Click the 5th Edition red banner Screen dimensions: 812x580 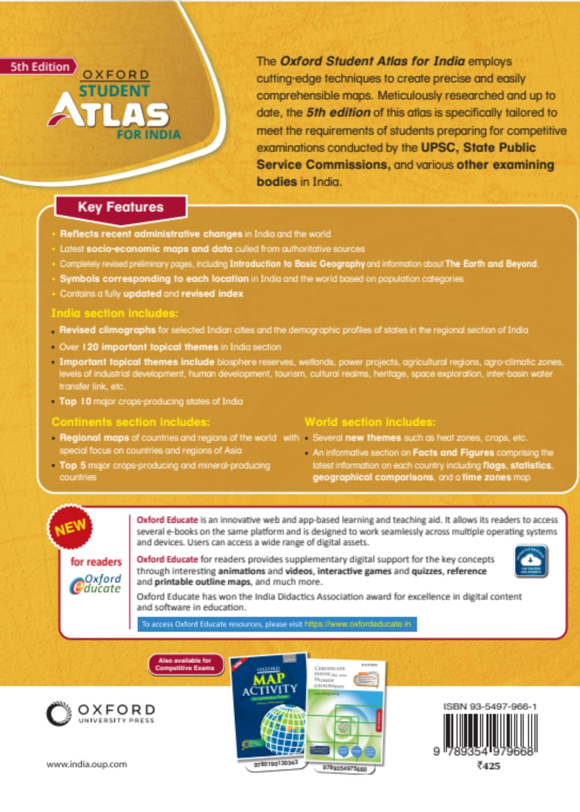coord(39,67)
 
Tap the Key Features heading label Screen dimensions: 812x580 coord(121,207)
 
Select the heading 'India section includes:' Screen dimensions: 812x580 coord(114,313)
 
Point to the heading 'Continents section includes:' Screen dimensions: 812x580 coord(130,422)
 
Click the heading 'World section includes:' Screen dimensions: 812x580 coord(369,422)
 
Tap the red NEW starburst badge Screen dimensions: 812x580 coord(70,527)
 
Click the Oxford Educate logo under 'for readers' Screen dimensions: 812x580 coord(96,583)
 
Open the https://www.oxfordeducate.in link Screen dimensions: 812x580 coord(358,624)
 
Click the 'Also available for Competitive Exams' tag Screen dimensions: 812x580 coord(184,664)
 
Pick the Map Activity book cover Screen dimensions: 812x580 coord(269,708)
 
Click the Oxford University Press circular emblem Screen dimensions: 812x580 coord(58,713)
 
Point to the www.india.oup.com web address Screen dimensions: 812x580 coord(86,764)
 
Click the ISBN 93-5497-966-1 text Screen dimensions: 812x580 coord(490,706)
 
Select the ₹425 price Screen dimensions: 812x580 coord(488,766)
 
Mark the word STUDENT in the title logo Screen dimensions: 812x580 coord(114,91)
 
